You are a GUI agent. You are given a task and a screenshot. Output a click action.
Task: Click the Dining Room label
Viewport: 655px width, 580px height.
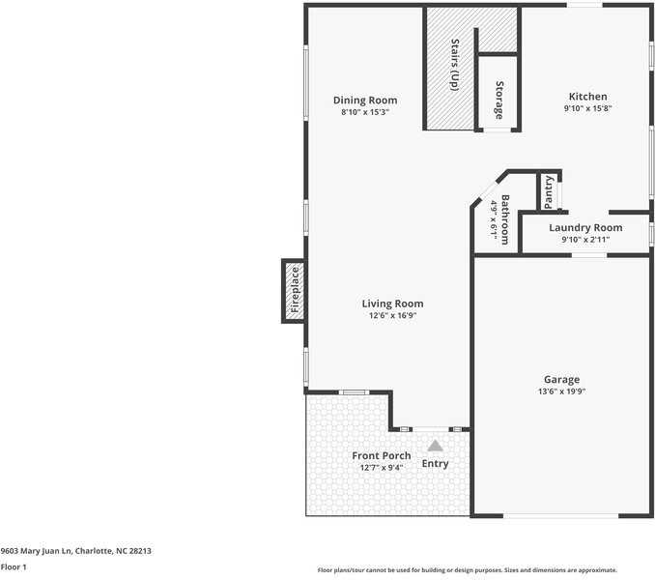[x=364, y=101]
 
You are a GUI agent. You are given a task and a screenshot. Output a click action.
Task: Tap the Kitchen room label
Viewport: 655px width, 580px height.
[x=587, y=97]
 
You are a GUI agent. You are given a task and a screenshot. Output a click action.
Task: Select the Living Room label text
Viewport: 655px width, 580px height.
[x=392, y=304]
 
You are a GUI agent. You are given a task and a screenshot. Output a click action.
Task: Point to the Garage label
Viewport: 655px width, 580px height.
[x=561, y=380]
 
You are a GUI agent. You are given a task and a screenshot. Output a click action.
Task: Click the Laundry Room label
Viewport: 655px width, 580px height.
[x=585, y=227]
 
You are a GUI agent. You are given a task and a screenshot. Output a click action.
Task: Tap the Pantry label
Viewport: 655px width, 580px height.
[x=549, y=191]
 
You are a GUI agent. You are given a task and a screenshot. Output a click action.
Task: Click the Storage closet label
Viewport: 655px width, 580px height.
[x=499, y=101]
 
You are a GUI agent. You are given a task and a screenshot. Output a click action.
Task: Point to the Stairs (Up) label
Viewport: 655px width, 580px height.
[x=454, y=66]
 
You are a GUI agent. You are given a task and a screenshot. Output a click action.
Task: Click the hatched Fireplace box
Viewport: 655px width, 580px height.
[x=295, y=291]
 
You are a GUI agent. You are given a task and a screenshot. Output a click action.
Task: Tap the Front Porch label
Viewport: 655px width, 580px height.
[x=381, y=456]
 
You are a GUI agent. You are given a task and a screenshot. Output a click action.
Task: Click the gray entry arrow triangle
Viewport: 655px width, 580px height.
[x=436, y=446]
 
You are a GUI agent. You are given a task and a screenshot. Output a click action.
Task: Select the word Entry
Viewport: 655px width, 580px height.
[x=435, y=464]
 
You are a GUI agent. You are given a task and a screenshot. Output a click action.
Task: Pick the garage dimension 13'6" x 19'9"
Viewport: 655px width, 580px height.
[x=561, y=391]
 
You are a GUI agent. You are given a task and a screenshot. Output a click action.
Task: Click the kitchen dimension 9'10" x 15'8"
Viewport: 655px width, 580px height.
[x=587, y=108]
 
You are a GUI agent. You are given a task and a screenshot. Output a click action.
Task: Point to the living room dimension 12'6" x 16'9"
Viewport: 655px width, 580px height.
[x=392, y=315]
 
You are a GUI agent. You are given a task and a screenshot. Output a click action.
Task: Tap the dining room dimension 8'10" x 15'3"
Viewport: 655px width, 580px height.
[x=364, y=112]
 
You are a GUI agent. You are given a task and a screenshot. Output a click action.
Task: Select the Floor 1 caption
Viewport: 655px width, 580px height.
[x=14, y=567]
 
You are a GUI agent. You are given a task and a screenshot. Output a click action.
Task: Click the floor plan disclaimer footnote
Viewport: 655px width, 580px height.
[x=467, y=570]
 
